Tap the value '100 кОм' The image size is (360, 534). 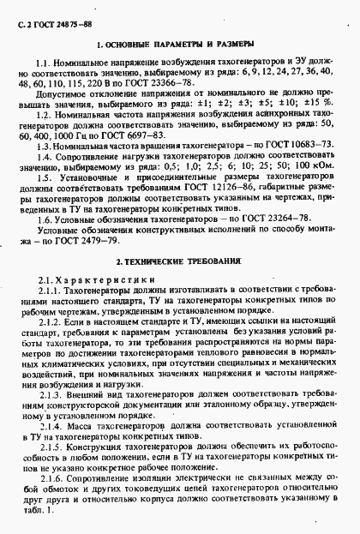(x=312, y=171)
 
